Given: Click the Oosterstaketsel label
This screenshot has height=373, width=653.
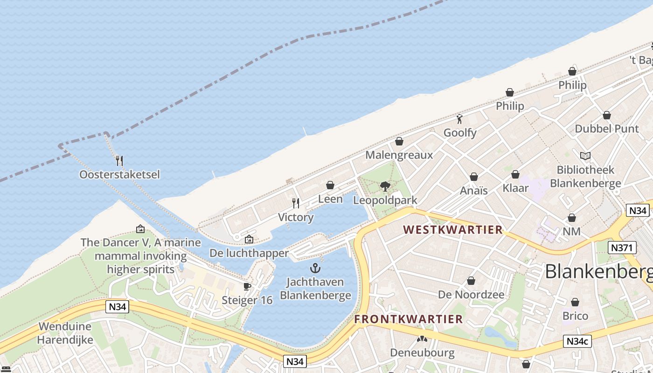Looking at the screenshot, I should coord(119,174).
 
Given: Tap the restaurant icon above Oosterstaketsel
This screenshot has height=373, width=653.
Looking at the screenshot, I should coord(119,161).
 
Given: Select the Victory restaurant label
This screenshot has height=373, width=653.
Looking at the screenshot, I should coord(296,217).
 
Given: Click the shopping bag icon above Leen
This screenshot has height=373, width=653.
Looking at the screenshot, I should coord(330,186).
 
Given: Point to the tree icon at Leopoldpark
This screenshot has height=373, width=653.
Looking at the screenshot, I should coord(385,186).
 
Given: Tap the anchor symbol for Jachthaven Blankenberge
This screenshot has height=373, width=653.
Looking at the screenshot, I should coord(316,268).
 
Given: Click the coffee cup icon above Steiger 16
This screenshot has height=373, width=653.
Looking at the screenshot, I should coord(247,286).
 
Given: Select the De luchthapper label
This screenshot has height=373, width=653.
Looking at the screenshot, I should coord(249,253).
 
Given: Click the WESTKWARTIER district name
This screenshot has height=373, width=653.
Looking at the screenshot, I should coord(453,229).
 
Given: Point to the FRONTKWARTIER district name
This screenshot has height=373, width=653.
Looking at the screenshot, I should coord(408,319).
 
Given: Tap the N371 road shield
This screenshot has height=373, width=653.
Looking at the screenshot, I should coord(622,247).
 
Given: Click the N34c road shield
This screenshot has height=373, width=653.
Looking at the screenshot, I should coord(577,341).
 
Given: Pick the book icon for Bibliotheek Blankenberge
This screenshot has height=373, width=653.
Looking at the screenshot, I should coord(585,156).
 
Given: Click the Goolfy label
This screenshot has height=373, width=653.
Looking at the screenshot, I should coord(460,133).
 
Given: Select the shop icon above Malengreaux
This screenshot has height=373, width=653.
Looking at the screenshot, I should coord(399,141).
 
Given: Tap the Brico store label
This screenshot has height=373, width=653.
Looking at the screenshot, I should coord(575,316).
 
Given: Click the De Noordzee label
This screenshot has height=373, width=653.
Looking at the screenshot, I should coord(471,295).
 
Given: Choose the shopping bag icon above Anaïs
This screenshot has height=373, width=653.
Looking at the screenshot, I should coord(474,177).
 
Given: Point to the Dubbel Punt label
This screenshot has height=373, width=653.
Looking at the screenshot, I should coord(607,129).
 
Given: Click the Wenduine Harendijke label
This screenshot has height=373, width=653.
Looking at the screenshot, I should coord(66,333).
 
